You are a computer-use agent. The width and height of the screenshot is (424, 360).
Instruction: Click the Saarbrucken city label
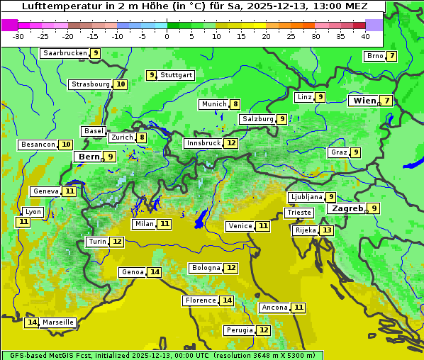coord(65,53)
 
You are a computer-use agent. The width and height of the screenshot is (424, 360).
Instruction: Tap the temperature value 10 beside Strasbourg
coord(121,84)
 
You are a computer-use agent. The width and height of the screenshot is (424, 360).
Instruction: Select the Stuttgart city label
coord(177,75)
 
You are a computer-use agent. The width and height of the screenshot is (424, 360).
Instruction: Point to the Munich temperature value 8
coord(235,104)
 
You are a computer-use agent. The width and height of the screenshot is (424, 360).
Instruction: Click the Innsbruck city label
coord(203,143)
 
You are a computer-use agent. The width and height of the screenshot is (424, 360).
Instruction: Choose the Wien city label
coord(365,101)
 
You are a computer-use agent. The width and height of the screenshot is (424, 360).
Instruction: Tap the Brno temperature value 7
coord(391,56)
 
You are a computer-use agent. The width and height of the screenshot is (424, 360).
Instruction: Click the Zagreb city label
coord(347,208)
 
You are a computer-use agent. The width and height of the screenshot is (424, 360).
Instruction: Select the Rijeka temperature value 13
coord(326,230)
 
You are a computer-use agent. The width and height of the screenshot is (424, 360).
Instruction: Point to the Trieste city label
coord(299,213)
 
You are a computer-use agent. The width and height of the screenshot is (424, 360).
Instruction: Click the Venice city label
coord(240,226)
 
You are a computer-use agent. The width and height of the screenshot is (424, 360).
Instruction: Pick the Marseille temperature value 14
coord(32,322)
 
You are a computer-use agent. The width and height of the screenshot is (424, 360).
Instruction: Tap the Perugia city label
coord(238,330)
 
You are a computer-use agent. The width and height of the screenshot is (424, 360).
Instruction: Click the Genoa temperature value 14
coord(155,272)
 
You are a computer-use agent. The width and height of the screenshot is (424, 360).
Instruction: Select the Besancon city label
coord(38,145)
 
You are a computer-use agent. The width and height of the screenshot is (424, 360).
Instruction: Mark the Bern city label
coord(89,157)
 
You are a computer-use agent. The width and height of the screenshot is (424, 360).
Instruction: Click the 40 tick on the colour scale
coord(365,35)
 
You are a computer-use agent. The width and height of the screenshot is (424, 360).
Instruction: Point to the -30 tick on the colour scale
coord(18,35)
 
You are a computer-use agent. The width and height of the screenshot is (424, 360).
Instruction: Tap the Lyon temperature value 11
coord(23,222)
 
